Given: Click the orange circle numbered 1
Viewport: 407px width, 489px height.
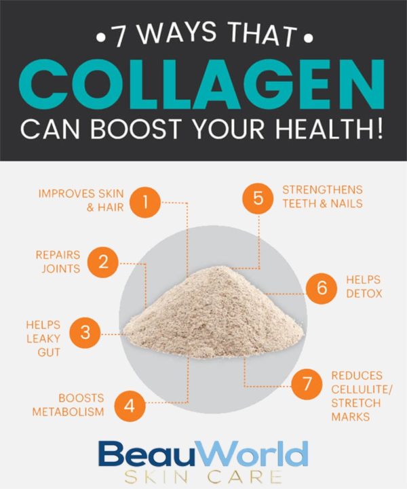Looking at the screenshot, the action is click(x=145, y=202).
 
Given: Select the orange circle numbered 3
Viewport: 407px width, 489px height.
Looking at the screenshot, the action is click(x=85, y=332).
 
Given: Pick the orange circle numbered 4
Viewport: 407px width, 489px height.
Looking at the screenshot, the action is click(x=130, y=406).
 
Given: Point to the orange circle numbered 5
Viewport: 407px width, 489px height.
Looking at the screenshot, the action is click(x=258, y=198).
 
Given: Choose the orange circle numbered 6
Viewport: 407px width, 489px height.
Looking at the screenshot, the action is click(x=322, y=288).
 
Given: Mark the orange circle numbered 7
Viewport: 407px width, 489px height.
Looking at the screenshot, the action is click(x=307, y=384).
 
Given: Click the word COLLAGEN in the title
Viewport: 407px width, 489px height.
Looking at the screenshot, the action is click(x=201, y=84).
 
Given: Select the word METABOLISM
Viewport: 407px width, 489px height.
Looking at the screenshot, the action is click(x=68, y=412).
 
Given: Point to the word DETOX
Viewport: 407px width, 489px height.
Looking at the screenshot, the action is click(x=364, y=294).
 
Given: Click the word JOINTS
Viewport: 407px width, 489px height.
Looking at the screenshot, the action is click(x=61, y=269).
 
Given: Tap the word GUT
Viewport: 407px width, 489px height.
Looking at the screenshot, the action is click(x=49, y=353).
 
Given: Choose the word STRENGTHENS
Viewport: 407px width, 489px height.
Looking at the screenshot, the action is click(x=322, y=190).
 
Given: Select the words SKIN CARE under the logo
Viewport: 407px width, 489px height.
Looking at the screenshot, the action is click(x=203, y=477).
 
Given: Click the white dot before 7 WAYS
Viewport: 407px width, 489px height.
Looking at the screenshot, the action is click(x=100, y=39).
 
